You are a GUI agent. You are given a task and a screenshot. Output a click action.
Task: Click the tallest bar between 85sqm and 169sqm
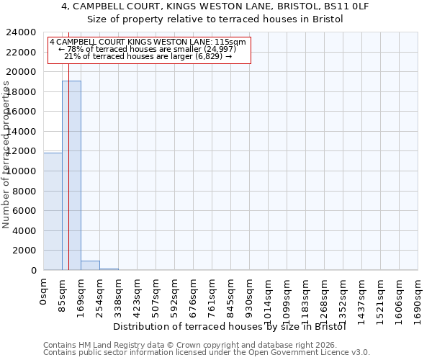point(71,175)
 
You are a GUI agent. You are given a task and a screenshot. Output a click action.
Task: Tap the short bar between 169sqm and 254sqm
point(90,265)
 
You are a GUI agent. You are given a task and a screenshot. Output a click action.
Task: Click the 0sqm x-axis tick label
point(44,292)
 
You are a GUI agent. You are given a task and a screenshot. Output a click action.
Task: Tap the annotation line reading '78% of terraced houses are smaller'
point(148,49)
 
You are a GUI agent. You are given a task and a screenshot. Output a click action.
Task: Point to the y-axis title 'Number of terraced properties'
point(6,155)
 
